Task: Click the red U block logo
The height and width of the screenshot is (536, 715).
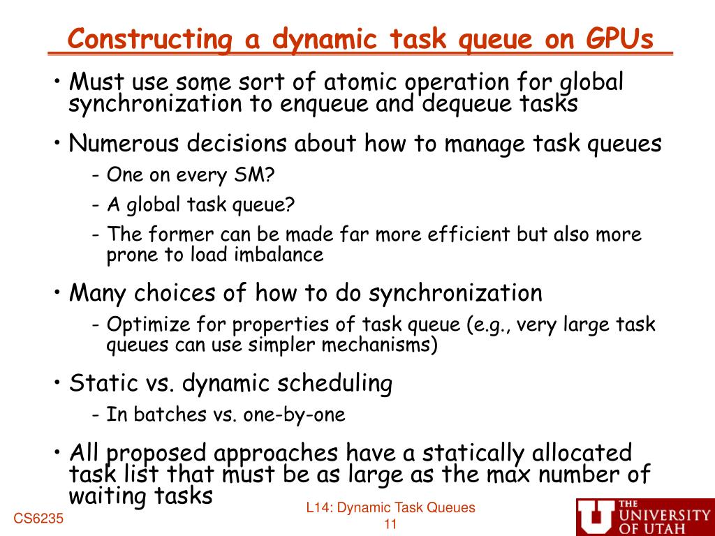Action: click(x=596, y=517)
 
